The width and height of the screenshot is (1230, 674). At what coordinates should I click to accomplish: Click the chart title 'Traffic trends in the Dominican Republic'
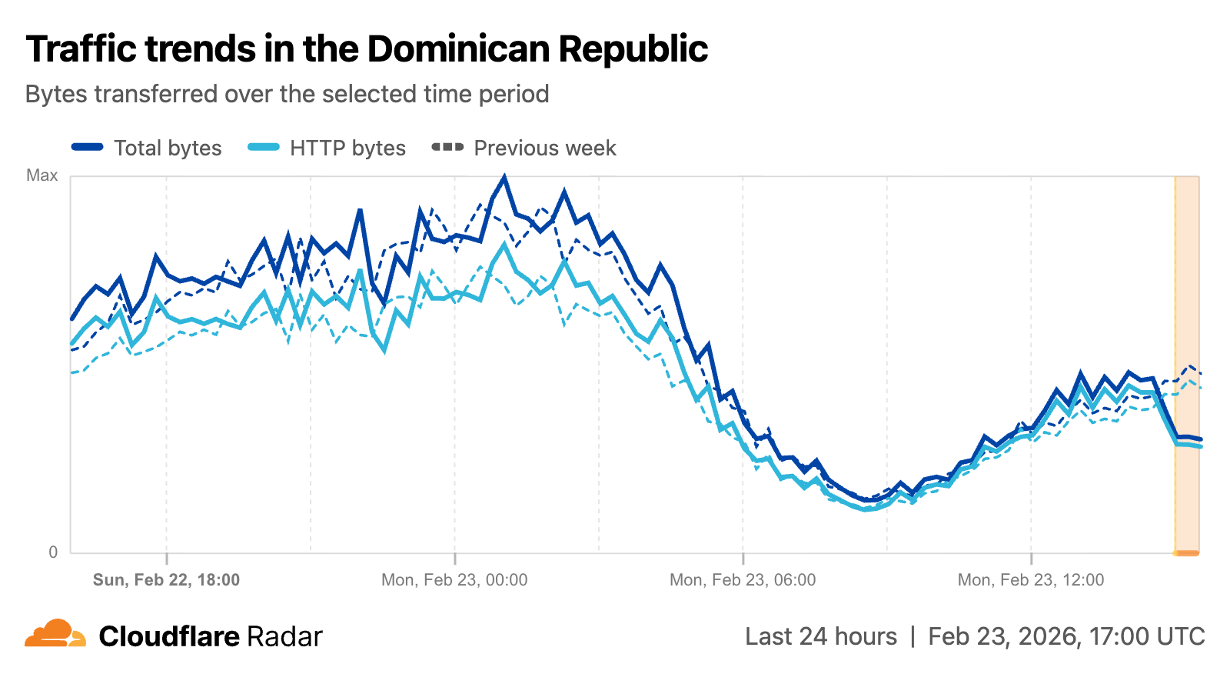point(367,49)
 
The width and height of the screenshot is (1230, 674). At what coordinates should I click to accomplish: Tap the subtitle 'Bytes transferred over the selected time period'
point(287,94)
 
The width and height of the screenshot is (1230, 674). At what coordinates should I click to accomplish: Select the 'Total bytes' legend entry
point(168,148)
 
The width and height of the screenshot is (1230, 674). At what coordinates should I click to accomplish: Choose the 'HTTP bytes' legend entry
point(347,148)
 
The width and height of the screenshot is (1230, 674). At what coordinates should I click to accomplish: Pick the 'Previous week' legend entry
point(544,148)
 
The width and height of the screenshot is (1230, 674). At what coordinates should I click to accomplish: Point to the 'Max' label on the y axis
point(42,175)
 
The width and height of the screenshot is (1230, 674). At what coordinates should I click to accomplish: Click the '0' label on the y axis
point(53,552)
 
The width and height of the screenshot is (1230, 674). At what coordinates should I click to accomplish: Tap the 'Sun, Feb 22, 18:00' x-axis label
point(166,580)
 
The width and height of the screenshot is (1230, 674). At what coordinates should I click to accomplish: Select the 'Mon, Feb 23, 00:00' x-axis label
point(454,580)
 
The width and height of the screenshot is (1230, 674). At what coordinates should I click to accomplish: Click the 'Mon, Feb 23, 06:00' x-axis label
point(743,580)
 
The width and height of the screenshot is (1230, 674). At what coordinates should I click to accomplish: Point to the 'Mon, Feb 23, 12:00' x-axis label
point(1030,580)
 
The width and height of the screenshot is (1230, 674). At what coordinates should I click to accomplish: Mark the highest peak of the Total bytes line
point(504,177)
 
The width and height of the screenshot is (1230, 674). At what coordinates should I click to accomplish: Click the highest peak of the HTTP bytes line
point(504,245)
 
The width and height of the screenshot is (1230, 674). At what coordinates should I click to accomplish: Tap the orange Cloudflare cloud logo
point(55,634)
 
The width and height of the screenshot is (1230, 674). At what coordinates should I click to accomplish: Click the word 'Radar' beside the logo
point(284,637)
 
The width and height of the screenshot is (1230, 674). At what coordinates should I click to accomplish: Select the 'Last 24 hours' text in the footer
point(820,637)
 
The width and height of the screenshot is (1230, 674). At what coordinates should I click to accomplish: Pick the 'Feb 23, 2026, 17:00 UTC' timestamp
point(1066,637)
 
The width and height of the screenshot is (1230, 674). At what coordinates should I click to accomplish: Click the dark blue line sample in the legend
point(88,147)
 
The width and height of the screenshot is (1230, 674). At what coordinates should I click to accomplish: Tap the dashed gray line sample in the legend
point(447,147)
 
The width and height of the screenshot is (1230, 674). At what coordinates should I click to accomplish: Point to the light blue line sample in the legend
point(264,147)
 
